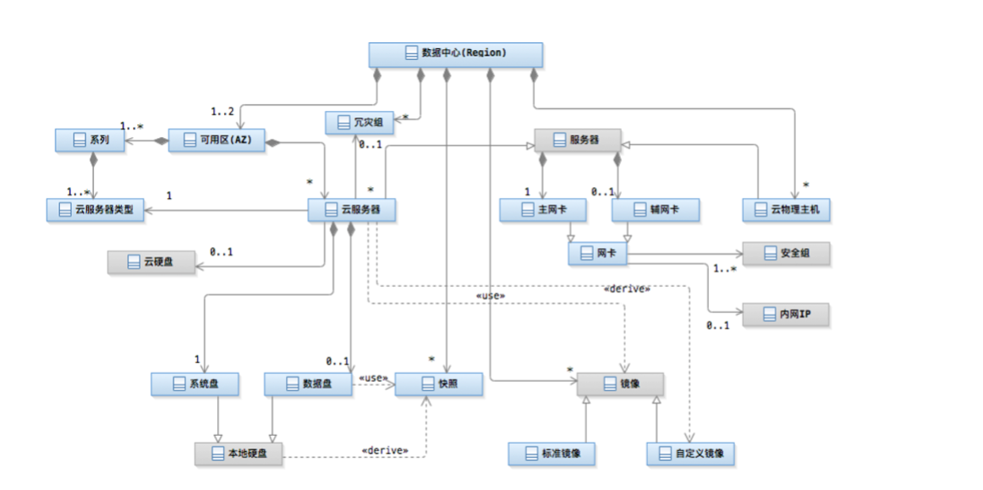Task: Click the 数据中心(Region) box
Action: click(x=455, y=53)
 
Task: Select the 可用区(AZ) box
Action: click(x=217, y=140)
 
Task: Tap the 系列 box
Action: click(x=89, y=140)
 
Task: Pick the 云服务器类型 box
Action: click(x=95, y=209)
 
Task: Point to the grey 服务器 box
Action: click(x=577, y=140)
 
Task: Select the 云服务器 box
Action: click(x=351, y=210)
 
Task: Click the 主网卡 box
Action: click(x=542, y=210)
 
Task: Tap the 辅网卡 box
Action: click(x=656, y=210)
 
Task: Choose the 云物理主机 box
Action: click(x=786, y=210)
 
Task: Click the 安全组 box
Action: click(x=786, y=253)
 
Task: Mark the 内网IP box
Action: click(x=786, y=315)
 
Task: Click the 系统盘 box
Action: click(x=195, y=384)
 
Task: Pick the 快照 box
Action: click(x=439, y=384)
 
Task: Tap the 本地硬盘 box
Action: click(x=238, y=454)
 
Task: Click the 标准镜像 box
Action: click(x=552, y=454)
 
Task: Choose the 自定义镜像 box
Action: click(x=690, y=454)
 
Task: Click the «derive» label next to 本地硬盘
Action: click(x=384, y=450)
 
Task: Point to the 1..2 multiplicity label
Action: click(x=222, y=111)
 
